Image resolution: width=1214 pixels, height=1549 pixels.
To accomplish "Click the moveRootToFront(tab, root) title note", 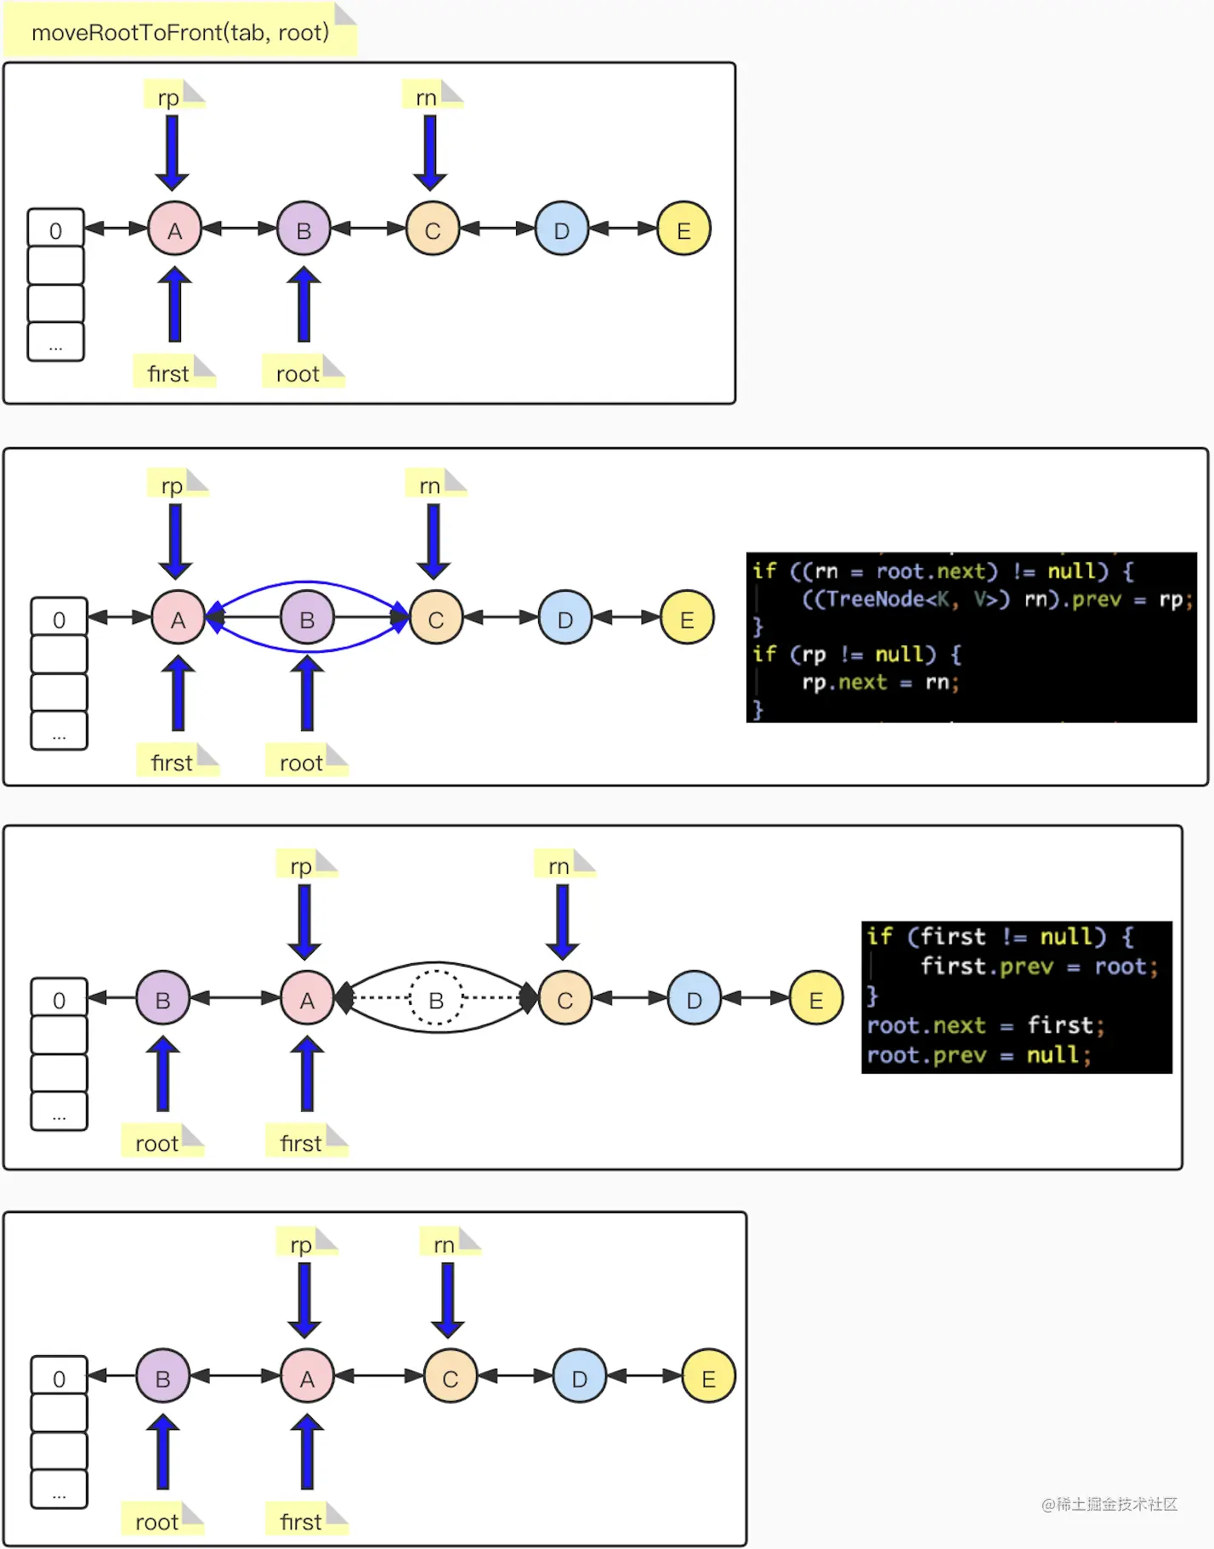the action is [x=180, y=31].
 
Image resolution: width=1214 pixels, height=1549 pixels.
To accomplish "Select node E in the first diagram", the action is [x=684, y=229].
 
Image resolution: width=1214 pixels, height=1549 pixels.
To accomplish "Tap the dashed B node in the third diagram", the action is [x=436, y=998].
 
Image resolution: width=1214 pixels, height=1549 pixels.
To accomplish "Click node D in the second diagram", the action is [x=565, y=618].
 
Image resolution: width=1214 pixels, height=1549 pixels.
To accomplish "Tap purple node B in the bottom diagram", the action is [x=162, y=1376].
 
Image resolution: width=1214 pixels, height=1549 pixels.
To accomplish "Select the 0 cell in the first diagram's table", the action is [x=55, y=229].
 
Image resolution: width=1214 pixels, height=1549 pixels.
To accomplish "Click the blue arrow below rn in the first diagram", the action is [x=430, y=153].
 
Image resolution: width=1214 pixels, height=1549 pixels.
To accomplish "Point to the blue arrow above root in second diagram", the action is [x=307, y=694].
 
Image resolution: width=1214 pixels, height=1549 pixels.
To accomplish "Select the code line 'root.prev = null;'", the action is [x=979, y=1055].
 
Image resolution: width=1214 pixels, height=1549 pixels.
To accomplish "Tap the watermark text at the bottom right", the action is [x=1109, y=1504].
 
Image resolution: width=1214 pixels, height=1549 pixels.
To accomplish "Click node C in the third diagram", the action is [x=565, y=998].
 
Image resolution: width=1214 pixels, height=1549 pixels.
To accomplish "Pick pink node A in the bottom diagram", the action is [x=307, y=1376].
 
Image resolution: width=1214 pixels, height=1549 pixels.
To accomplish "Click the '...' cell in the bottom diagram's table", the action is [x=59, y=1489].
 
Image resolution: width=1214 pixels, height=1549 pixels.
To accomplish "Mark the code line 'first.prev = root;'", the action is [x=1039, y=966].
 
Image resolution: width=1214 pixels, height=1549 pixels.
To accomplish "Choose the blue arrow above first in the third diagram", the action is [x=307, y=1074].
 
